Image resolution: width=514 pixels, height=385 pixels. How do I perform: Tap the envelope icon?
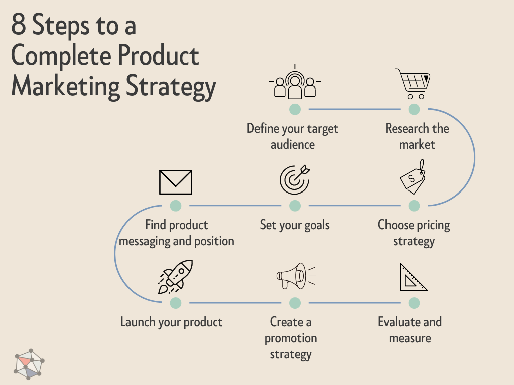coord(176,182)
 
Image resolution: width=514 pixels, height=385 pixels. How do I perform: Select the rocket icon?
coord(175,277)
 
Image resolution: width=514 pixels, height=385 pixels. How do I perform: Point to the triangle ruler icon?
coord(413,277)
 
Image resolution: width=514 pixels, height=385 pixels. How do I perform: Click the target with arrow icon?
coord(295,180)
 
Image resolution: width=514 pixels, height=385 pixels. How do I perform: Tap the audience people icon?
coord(295,84)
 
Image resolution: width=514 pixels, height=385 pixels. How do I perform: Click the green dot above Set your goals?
coord(295,206)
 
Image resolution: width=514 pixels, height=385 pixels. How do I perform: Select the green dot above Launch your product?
coord(176,303)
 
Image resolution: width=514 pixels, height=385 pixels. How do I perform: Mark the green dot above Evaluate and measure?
coord(414,303)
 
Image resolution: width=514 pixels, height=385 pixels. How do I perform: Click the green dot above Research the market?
coord(414,109)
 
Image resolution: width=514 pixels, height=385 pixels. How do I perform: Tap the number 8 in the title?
coord(18,26)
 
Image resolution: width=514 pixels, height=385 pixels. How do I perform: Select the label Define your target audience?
coord(293,136)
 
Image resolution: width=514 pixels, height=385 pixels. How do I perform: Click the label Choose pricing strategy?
coord(414,233)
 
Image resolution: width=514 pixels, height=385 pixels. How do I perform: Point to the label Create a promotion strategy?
coord(291,338)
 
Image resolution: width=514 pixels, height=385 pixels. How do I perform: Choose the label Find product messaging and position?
coord(176,233)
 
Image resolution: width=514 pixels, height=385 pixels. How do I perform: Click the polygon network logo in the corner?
coord(29,363)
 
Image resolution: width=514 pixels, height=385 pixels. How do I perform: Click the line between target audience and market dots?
coord(354,109)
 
